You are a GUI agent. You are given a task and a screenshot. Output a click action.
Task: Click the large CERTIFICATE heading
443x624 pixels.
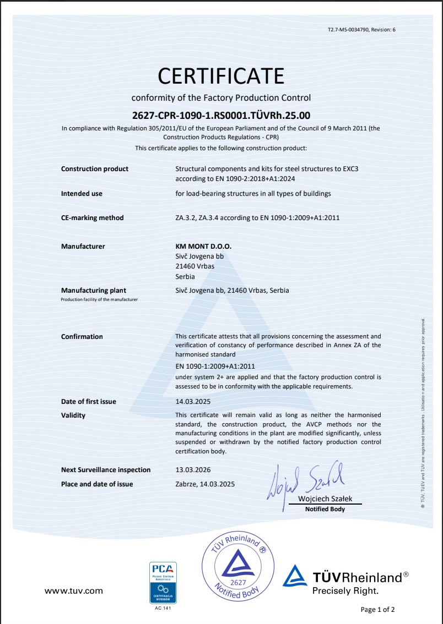click(221, 75)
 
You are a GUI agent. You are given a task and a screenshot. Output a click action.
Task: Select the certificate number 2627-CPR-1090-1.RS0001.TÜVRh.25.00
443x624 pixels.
click(221, 116)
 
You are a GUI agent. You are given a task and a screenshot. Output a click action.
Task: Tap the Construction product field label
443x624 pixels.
click(95, 169)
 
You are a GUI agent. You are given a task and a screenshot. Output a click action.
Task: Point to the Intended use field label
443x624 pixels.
click(82, 194)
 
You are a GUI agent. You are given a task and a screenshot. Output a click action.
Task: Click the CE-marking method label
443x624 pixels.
click(93, 218)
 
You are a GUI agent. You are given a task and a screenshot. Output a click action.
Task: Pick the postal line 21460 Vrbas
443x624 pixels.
click(195, 266)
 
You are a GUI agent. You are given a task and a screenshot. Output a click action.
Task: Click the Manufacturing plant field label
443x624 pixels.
click(94, 291)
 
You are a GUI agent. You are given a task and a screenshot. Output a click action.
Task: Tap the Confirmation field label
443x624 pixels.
click(82, 337)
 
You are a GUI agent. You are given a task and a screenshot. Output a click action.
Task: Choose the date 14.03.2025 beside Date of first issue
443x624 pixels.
click(193, 402)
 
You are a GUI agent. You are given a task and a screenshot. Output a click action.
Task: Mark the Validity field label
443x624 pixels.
click(73, 415)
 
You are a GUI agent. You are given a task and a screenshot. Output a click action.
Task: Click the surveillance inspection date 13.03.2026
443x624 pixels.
click(193, 470)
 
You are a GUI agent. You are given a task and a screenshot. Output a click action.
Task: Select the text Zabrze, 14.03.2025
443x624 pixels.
click(205, 484)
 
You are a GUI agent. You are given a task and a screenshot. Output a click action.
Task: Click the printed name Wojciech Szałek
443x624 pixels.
click(325, 499)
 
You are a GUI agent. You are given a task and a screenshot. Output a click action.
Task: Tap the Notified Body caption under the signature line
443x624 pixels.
click(325, 510)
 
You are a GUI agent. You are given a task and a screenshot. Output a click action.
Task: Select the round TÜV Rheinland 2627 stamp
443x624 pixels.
click(238, 567)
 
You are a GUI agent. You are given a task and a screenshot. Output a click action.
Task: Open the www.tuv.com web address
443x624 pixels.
click(73, 591)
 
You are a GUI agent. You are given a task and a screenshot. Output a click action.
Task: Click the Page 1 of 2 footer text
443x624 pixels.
click(377, 609)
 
